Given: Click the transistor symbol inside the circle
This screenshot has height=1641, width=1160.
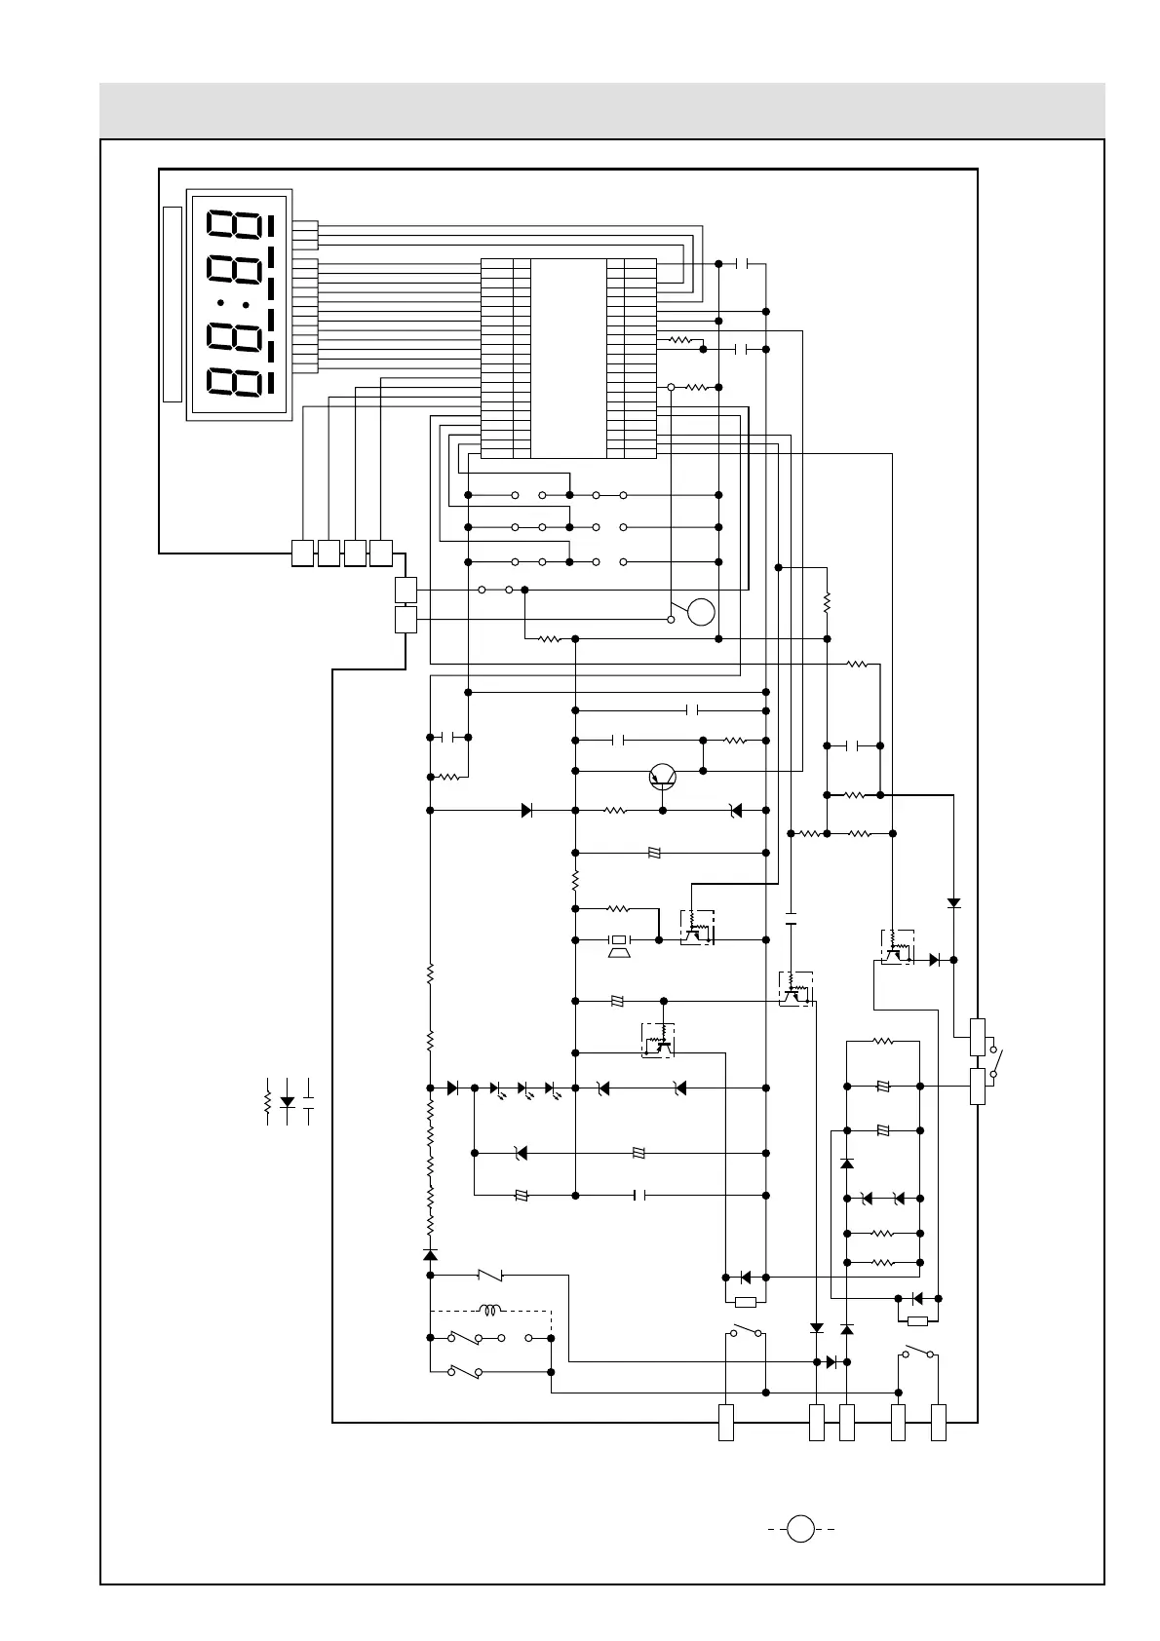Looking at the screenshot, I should [x=663, y=776].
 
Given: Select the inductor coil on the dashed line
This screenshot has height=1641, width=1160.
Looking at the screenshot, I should [x=489, y=1310].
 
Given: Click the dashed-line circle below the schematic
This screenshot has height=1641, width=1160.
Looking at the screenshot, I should [x=800, y=1529].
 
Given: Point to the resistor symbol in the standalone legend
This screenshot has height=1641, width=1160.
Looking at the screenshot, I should [x=267, y=1101].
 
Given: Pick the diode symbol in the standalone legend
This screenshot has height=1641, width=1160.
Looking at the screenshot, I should [x=288, y=1101].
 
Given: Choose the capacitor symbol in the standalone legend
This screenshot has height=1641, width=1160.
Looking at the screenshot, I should [x=309, y=1101].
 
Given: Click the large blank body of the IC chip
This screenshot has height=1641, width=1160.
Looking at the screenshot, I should [x=568, y=358].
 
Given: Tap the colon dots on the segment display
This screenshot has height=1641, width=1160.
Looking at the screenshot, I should [x=234, y=305].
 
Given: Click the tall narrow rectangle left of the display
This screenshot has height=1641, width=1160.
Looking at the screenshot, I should [x=173, y=304].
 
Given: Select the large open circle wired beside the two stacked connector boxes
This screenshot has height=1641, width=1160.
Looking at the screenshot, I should [x=701, y=612].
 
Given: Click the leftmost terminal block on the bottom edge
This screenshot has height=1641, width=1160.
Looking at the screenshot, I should [x=726, y=1422].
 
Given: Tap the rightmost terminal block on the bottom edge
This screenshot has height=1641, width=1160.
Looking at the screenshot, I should [x=939, y=1422].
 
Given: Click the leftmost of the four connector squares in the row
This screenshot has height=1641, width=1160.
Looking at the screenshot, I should [x=303, y=553].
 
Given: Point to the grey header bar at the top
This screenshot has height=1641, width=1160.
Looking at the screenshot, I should [x=601, y=110].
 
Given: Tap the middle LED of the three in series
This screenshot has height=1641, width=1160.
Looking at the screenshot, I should [x=522, y=1088].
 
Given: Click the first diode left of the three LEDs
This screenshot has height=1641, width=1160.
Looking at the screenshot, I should [x=452, y=1088].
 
